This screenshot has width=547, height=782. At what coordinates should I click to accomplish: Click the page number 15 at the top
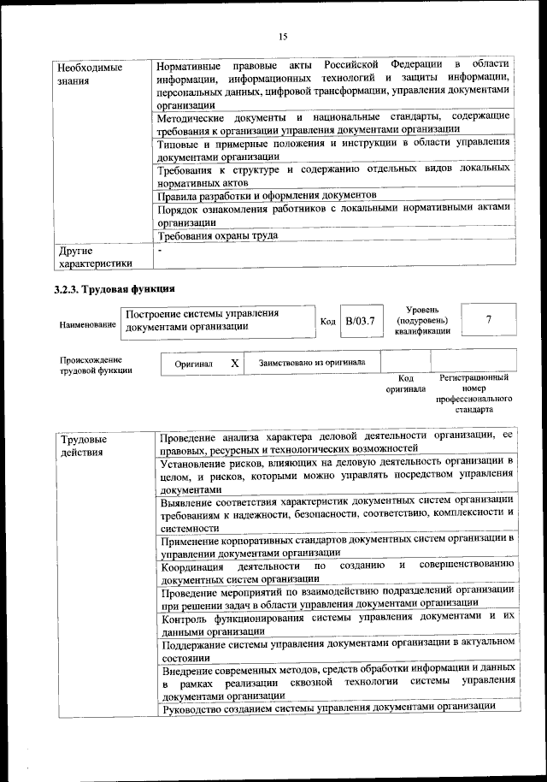(283, 36)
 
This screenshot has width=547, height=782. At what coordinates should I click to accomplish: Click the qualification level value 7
(488, 319)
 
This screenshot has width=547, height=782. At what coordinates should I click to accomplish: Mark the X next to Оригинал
(234, 363)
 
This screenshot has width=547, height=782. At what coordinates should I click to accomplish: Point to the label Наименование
(87, 326)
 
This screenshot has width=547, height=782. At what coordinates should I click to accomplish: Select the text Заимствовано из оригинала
(312, 363)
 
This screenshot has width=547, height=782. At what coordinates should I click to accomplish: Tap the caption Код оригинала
(406, 383)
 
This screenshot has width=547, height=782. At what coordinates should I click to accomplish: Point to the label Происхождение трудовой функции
(91, 365)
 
